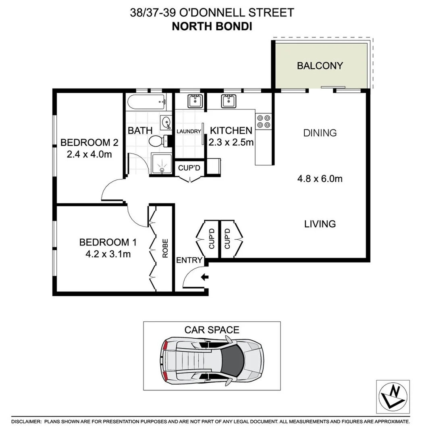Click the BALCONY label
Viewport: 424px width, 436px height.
(320, 65)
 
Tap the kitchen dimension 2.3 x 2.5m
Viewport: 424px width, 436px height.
(231, 142)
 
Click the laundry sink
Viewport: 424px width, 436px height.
(195, 101)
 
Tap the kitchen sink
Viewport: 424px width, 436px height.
(229, 101)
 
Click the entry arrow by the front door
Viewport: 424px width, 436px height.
(205, 277)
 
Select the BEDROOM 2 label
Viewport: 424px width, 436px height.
(89, 142)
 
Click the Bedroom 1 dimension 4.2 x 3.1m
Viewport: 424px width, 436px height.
(108, 254)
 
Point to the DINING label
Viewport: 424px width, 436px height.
(320, 133)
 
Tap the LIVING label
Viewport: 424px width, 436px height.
(320, 224)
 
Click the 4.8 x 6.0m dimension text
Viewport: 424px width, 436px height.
(320, 178)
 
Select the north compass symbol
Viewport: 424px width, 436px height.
(393, 397)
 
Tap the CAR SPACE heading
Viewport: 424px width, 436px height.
(212, 329)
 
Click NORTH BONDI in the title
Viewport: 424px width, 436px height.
(212, 27)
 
